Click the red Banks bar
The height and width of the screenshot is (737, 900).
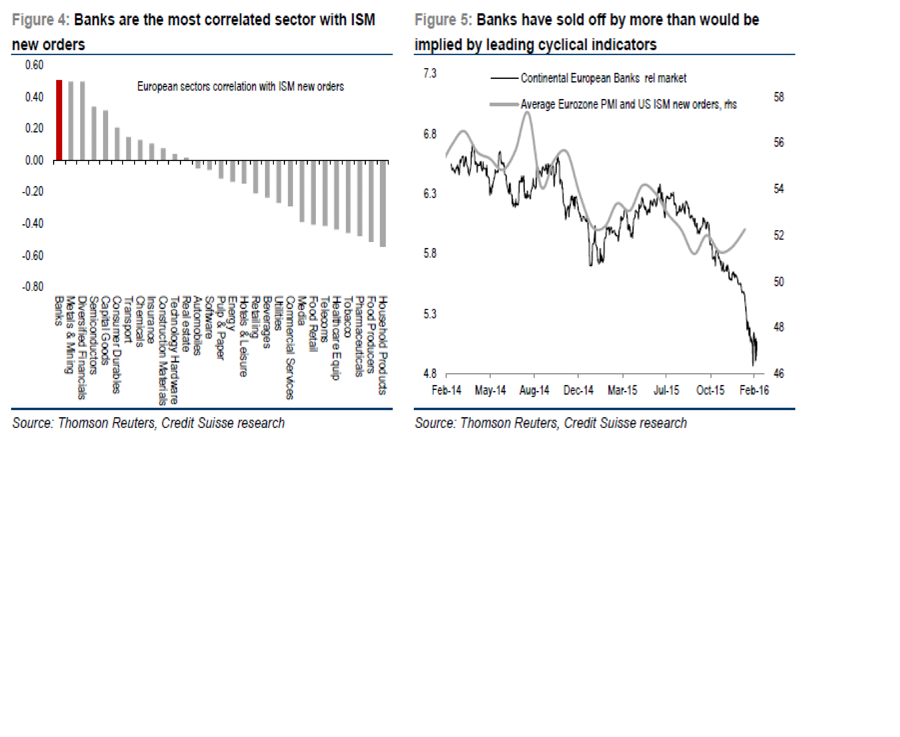[x=59, y=120]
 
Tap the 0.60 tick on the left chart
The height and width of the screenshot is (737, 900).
[x=34, y=65]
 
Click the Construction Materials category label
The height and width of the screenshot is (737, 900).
[x=163, y=350]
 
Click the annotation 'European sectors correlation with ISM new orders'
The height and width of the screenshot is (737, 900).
[x=240, y=87]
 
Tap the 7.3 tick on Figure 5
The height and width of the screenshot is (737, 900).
[x=430, y=73]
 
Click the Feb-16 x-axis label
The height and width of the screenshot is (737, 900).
[x=754, y=390]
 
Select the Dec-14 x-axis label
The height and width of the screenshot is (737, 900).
[x=578, y=390]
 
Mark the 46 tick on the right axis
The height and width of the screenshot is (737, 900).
[x=779, y=374]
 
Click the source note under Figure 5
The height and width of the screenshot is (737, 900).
[x=551, y=423]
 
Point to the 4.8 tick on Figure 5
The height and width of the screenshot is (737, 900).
[x=430, y=374]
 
